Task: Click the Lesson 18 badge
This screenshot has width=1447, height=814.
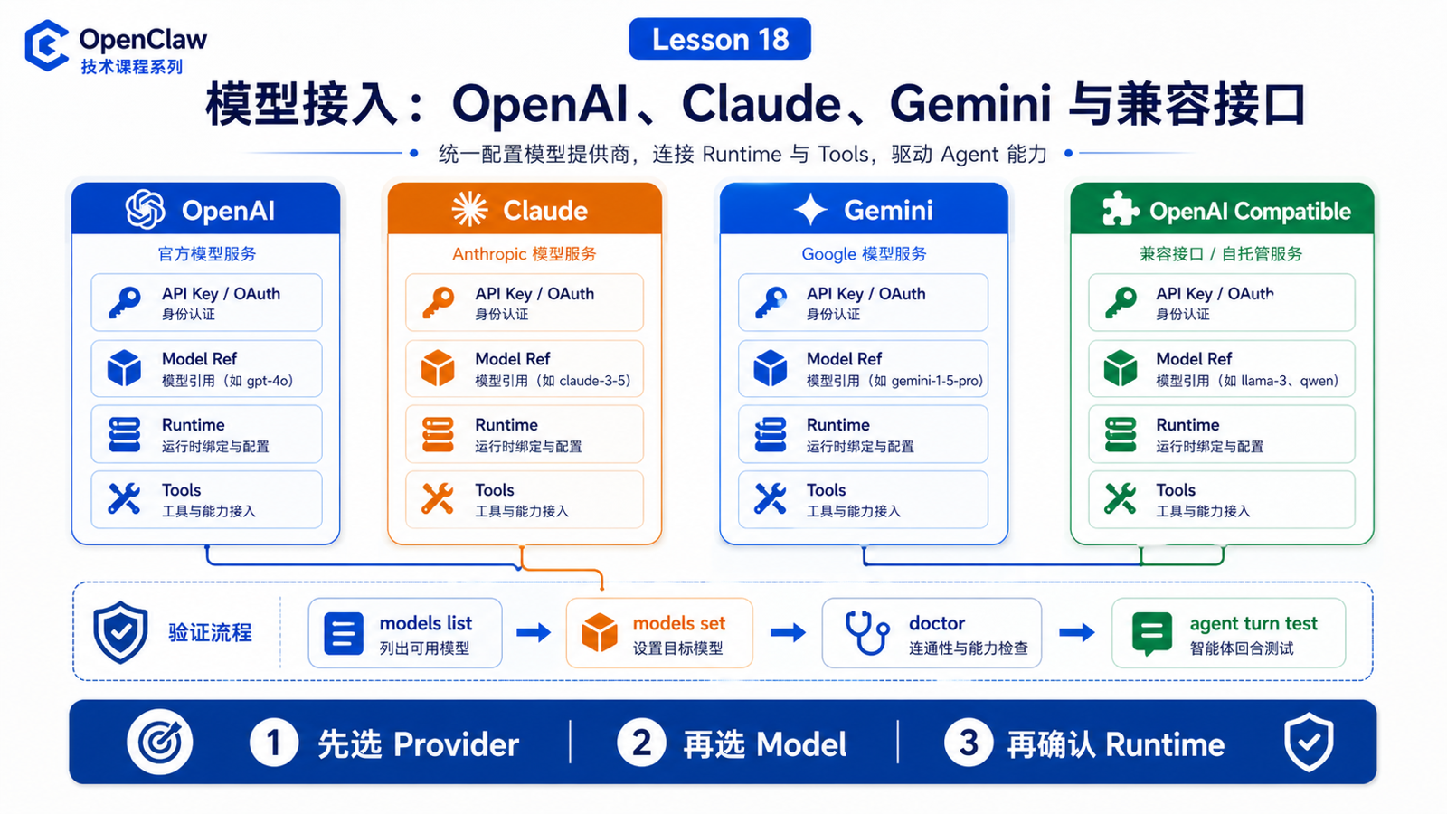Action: click(x=720, y=39)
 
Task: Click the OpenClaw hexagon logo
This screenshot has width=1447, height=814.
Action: click(x=46, y=45)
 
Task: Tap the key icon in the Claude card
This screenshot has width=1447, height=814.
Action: click(x=439, y=302)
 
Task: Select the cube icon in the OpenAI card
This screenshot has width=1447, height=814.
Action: click(x=124, y=367)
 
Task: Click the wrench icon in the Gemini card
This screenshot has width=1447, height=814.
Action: click(x=770, y=498)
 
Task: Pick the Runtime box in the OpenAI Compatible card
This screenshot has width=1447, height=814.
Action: click(x=1221, y=434)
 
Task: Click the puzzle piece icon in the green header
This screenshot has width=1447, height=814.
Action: click(x=1121, y=209)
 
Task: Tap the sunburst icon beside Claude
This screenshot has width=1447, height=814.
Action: click(x=469, y=209)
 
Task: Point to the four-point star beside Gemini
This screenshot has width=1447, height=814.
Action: click(x=810, y=209)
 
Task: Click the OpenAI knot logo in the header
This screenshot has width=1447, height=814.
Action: click(x=146, y=209)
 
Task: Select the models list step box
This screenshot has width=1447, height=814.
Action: click(x=405, y=632)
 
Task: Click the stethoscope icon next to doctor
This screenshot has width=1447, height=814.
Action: click(x=867, y=633)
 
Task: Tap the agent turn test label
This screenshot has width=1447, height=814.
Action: click(x=1253, y=623)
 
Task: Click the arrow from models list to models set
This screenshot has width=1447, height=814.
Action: click(x=534, y=632)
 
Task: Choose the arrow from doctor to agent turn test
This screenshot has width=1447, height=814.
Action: click(x=1077, y=632)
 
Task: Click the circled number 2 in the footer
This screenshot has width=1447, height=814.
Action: click(x=641, y=743)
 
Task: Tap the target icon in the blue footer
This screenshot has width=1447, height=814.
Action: click(x=159, y=742)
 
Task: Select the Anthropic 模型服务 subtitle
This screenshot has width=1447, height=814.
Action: click(x=524, y=254)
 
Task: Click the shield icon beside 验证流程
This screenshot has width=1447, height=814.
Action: click(x=120, y=632)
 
